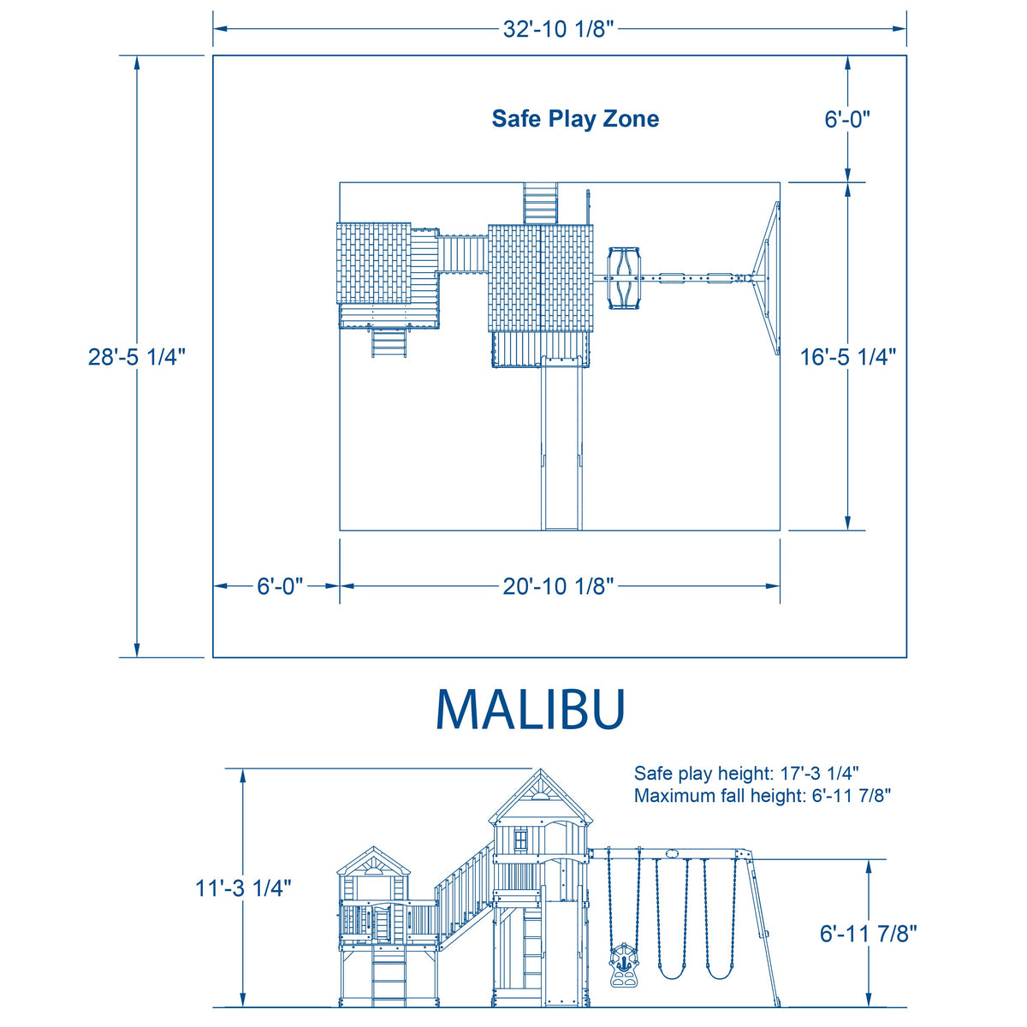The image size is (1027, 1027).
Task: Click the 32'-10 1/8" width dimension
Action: click(x=558, y=29)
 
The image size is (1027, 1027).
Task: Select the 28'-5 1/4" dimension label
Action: click(x=136, y=357)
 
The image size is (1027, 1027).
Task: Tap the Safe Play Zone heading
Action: click(x=575, y=118)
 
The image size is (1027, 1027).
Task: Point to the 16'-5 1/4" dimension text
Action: click(x=848, y=357)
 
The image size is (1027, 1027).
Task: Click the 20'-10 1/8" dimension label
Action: click(x=558, y=586)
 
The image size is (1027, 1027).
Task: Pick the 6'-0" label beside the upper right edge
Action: click(x=847, y=119)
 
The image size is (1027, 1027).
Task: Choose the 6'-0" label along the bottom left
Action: click(x=280, y=586)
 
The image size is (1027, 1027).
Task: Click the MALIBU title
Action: click(x=531, y=709)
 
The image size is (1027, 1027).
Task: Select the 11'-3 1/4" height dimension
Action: click(x=243, y=888)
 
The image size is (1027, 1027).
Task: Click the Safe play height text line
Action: click(x=746, y=774)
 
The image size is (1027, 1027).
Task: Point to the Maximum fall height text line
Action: click(x=763, y=796)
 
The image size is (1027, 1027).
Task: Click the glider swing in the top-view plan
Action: click(x=624, y=277)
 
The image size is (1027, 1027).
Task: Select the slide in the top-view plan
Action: click(x=561, y=443)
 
